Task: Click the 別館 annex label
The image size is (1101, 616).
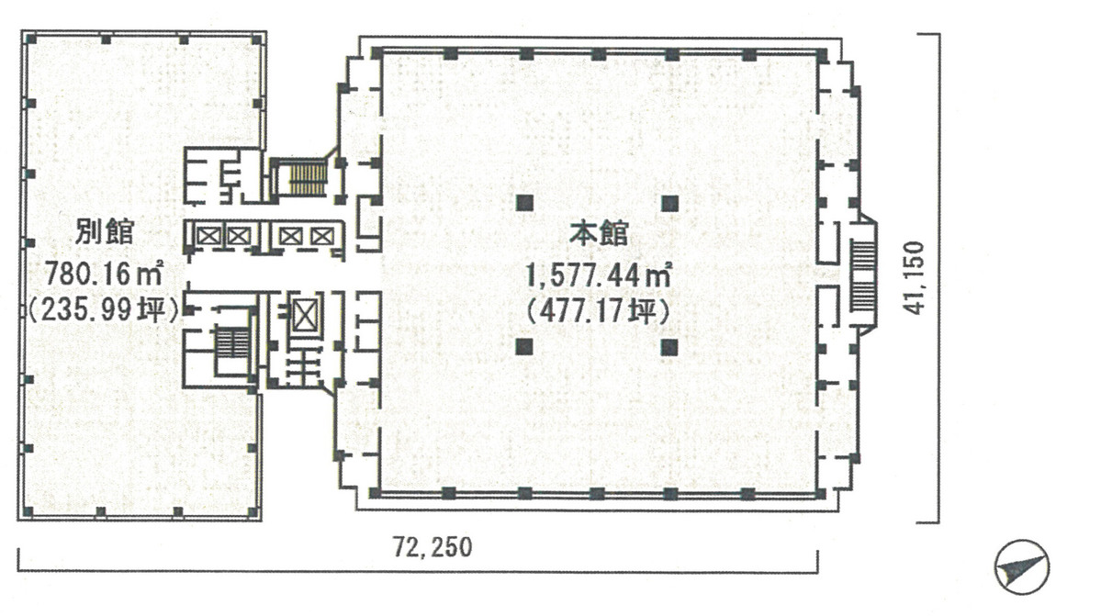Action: [105, 231]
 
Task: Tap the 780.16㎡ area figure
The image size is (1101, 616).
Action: [105, 273]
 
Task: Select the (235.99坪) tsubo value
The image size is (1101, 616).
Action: [105, 308]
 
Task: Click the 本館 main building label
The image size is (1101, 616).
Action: [598, 233]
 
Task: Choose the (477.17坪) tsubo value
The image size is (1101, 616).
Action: [598, 310]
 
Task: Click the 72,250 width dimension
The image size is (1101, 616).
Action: [433, 546]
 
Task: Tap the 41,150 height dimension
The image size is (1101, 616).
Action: [915, 278]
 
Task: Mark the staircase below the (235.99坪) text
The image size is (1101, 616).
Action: [231, 344]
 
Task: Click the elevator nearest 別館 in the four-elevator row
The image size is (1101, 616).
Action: [208, 237]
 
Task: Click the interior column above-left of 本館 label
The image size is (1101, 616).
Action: [524, 204]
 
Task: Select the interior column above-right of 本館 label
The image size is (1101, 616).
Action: [669, 204]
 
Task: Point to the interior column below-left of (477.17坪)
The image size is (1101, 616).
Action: [524, 347]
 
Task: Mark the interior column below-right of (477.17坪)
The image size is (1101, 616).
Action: [669, 347]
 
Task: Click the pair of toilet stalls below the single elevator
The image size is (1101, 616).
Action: [303, 366]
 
